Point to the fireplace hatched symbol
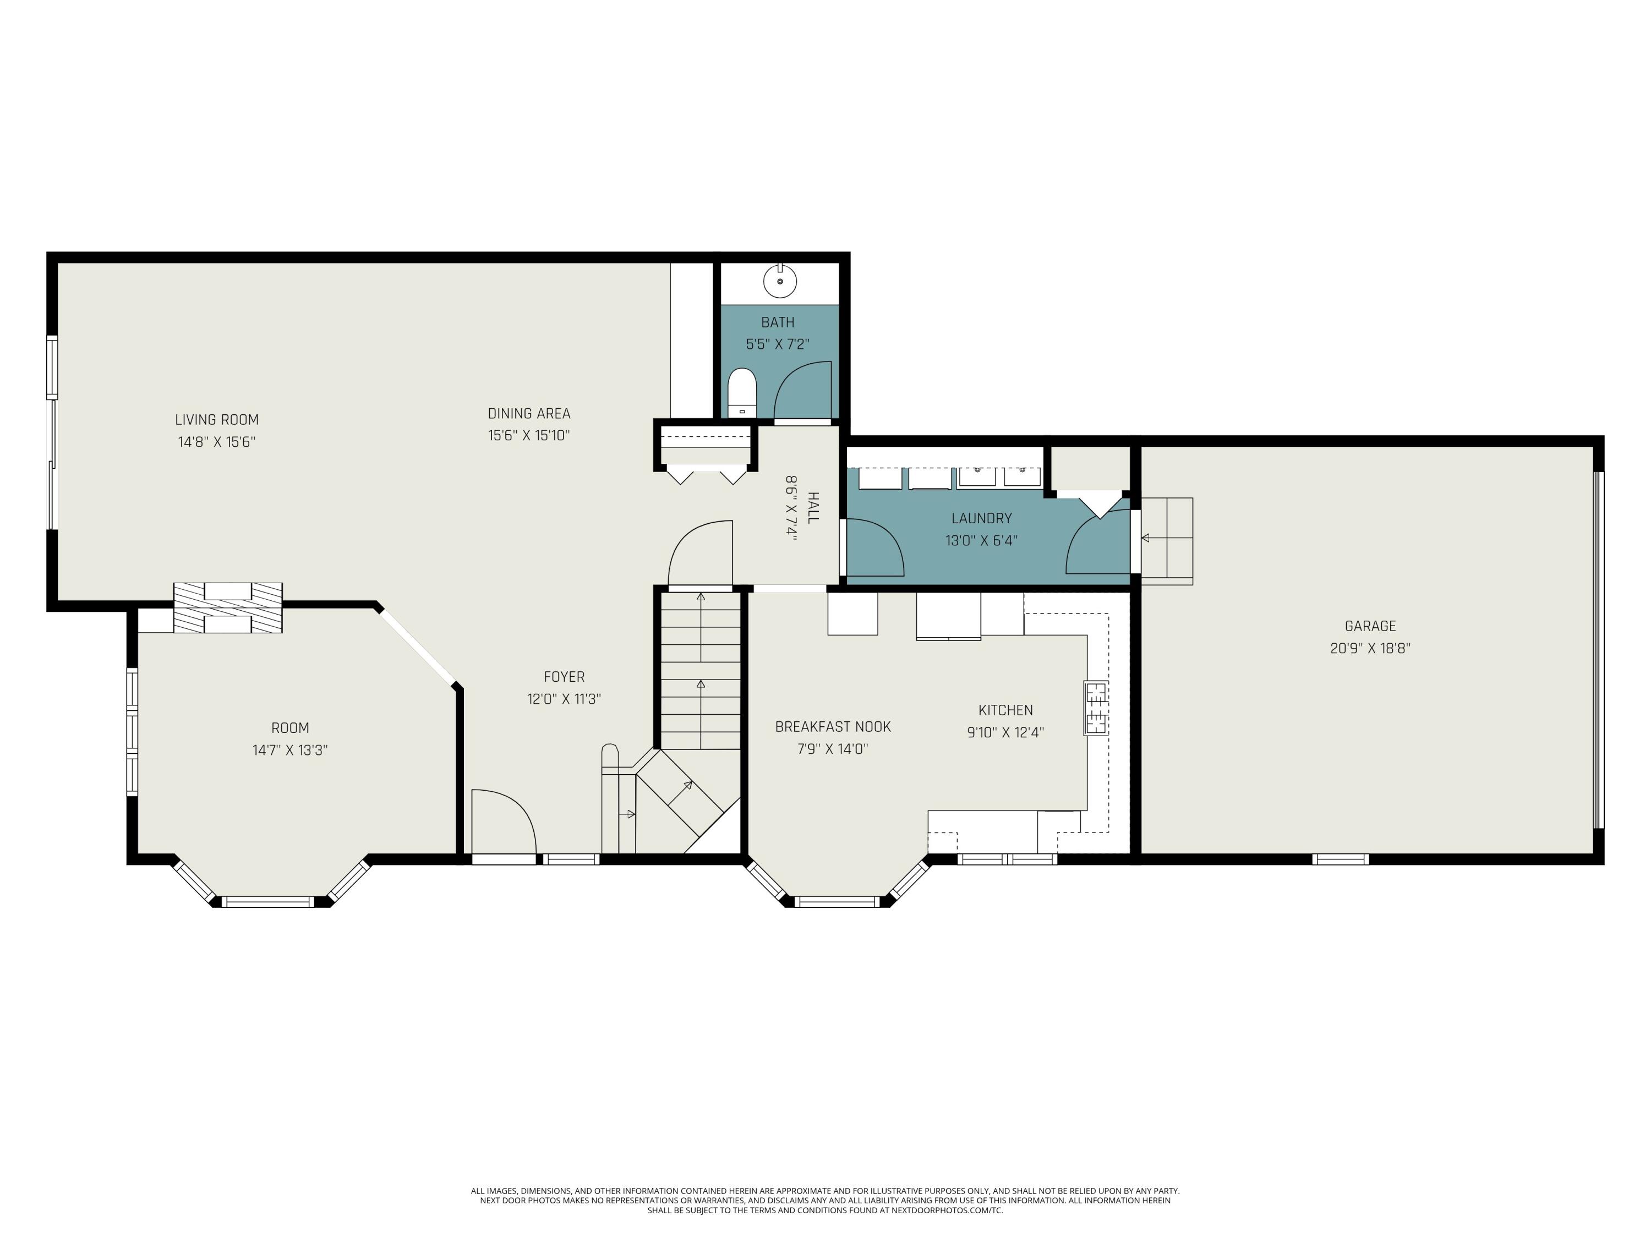click(x=228, y=607)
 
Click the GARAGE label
click(x=1370, y=626)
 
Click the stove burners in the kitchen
click(x=1096, y=708)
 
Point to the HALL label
click(x=813, y=507)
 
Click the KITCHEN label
click(x=1005, y=710)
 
